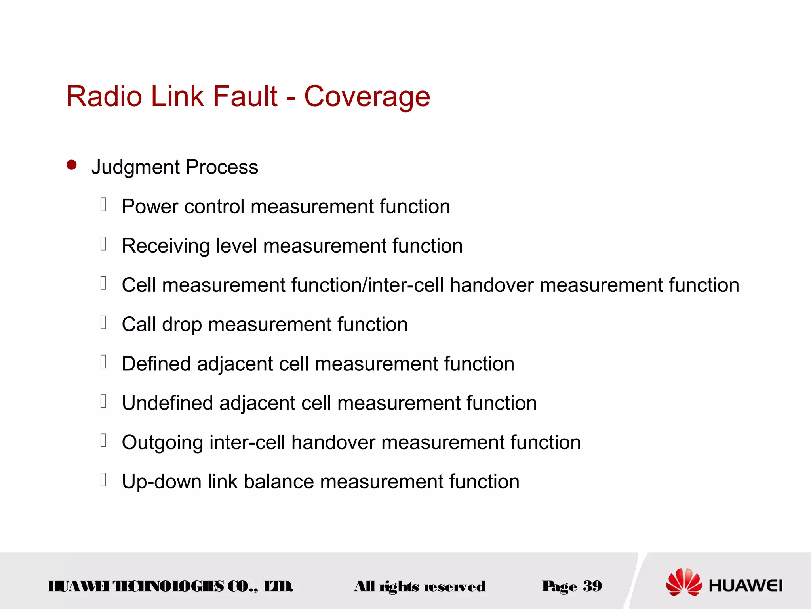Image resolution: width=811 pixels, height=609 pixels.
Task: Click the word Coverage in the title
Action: click(367, 97)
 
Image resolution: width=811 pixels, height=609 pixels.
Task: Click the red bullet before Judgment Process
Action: click(72, 165)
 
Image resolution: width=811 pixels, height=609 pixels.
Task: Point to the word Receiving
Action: click(166, 246)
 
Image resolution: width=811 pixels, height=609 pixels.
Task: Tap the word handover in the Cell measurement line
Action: click(491, 285)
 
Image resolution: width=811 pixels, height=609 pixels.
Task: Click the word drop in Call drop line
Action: click(182, 325)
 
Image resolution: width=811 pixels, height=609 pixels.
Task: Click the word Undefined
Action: click(168, 403)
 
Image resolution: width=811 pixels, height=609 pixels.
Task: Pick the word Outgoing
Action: click(162, 442)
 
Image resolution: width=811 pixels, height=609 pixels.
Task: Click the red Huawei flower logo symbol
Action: click(683, 582)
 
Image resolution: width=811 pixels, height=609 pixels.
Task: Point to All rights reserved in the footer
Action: click(420, 586)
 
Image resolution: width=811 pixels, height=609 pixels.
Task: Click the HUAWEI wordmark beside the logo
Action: click(745, 586)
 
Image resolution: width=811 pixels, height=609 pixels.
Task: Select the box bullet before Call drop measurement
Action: click(103, 322)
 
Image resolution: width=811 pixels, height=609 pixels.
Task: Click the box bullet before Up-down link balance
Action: click(103, 479)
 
